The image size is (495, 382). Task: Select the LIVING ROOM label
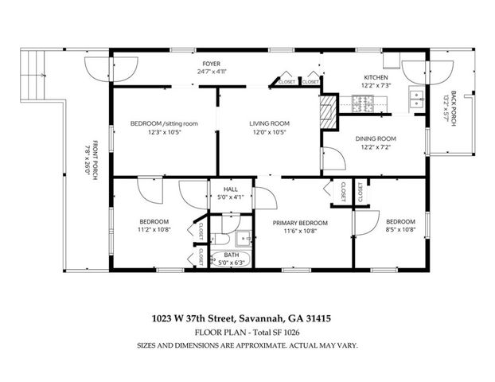coord(268,123)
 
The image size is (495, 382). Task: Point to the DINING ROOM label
coord(376,138)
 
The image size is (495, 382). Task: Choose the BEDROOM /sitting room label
coord(164,123)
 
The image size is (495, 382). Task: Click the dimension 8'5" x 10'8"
coord(400,230)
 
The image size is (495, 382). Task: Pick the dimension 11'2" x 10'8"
coord(154,230)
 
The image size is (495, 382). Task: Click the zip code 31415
coord(316,318)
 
